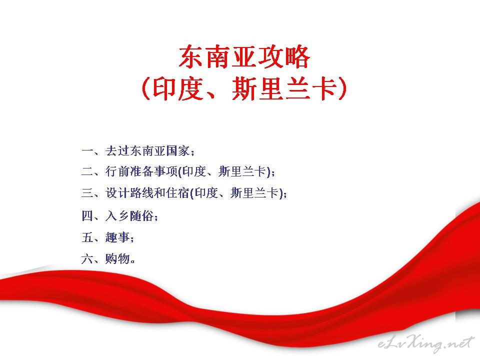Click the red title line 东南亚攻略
pos(244,56)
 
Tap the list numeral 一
pos(87,151)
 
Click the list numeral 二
pos(87,171)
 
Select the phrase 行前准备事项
pos(141,171)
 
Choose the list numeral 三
pos(87,193)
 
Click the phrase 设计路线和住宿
pos(147,193)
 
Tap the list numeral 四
pos(87,216)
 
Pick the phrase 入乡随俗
pos(129,216)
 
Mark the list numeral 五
pos(87,237)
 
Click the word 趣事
pos(117,237)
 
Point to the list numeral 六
pos(87,258)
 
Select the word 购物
pos(117,258)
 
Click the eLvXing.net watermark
pos(426,343)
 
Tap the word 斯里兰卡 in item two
pos(243,171)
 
